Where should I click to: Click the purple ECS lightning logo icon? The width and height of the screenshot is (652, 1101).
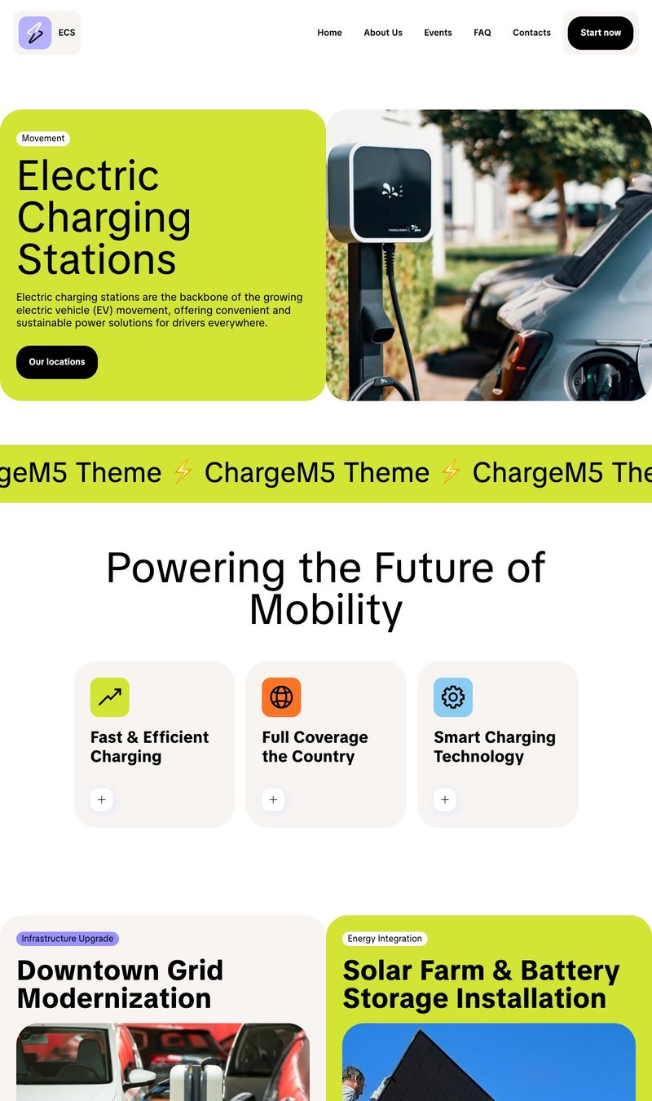(35, 33)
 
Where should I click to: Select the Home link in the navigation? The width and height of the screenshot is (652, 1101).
(329, 33)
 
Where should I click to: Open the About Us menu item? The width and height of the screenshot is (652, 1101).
(383, 33)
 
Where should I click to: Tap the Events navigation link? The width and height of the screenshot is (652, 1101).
(438, 33)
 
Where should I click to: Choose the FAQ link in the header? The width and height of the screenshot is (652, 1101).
(482, 33)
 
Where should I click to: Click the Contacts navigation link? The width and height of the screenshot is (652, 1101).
(531, 33)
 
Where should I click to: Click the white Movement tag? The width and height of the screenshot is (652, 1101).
(43, 139)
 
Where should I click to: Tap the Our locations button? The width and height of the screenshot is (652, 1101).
(57, 362)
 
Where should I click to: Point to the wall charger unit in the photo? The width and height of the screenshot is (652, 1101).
(380, 192)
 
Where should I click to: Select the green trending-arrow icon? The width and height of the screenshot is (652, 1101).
(110, 697)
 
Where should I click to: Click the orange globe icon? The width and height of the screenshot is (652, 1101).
(281, 697)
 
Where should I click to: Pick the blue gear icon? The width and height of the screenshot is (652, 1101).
(453, 697)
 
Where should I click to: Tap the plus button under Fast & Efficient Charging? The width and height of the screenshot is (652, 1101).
(102, 800)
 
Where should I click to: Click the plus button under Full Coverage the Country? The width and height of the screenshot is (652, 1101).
(273, 800)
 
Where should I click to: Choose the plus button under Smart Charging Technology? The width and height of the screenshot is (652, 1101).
(445, 800)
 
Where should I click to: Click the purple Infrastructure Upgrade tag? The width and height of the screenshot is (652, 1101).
(68, 939)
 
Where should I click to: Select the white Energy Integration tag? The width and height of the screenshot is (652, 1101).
(385, 939)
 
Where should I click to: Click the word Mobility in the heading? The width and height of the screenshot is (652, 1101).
(326, 610)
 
